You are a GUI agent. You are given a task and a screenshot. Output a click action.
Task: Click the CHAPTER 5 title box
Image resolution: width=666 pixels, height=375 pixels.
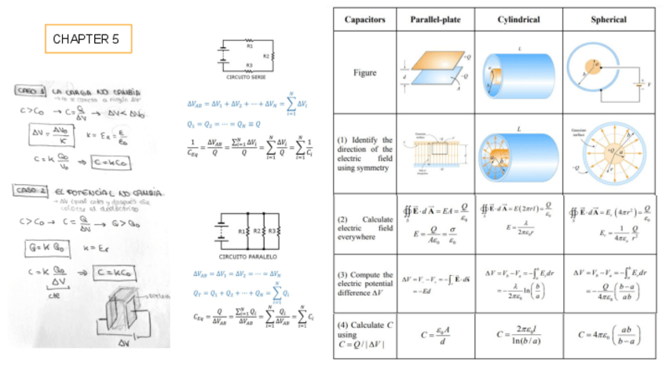click(88, 39)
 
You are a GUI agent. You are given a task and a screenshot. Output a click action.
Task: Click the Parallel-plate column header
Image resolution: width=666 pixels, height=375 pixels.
click(436, 19)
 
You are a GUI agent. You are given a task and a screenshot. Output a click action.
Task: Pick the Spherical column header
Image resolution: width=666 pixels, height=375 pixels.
click(609, 19)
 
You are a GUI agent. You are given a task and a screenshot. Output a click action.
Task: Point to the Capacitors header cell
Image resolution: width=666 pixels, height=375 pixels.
click(364, 19)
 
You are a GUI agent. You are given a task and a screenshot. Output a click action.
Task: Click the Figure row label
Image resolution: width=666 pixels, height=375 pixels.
click(364, 73)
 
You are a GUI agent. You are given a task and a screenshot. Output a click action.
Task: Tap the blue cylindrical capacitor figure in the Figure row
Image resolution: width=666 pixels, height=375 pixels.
click(518, 73)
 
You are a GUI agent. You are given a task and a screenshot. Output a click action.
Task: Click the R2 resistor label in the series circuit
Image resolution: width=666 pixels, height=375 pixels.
click(265, 56)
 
